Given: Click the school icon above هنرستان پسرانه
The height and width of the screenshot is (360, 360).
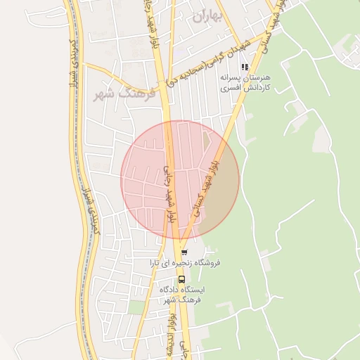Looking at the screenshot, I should pyautogui.click(x=245, y=67).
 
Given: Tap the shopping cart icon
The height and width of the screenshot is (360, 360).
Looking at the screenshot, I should pyautogui.click(x=184, y=252).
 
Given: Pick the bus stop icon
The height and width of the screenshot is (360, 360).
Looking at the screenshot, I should pyautogui.click(x=181, y=278).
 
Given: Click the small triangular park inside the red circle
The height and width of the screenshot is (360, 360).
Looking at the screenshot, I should pyautogui.click(x=205, y=141).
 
